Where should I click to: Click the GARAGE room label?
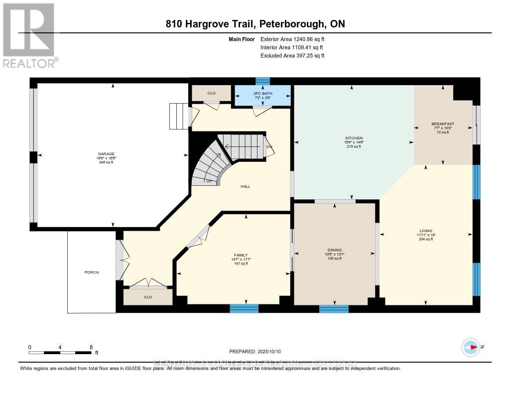[x=105, y=154]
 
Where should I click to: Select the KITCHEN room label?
[x=355, y=138]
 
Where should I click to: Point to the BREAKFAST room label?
[x=443, y=124]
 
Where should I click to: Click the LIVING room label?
[x=425, y=231]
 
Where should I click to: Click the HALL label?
[x=245, y=186]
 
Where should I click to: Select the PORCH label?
[x=92, y=272]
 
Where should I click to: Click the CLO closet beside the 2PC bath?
[x=212, y=93]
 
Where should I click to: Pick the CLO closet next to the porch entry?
[x=148, y=297]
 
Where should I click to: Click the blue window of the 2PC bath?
[x=262, y=81]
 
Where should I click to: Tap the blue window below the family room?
[x=244, y=308]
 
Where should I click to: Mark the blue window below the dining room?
[x=334, y=309]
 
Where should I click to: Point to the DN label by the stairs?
[x=269, y=146]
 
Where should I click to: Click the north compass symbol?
[x=470, y=347]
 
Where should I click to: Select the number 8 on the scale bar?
[x=91, y=347]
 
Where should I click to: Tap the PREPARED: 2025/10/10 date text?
[x=255, y=352]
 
